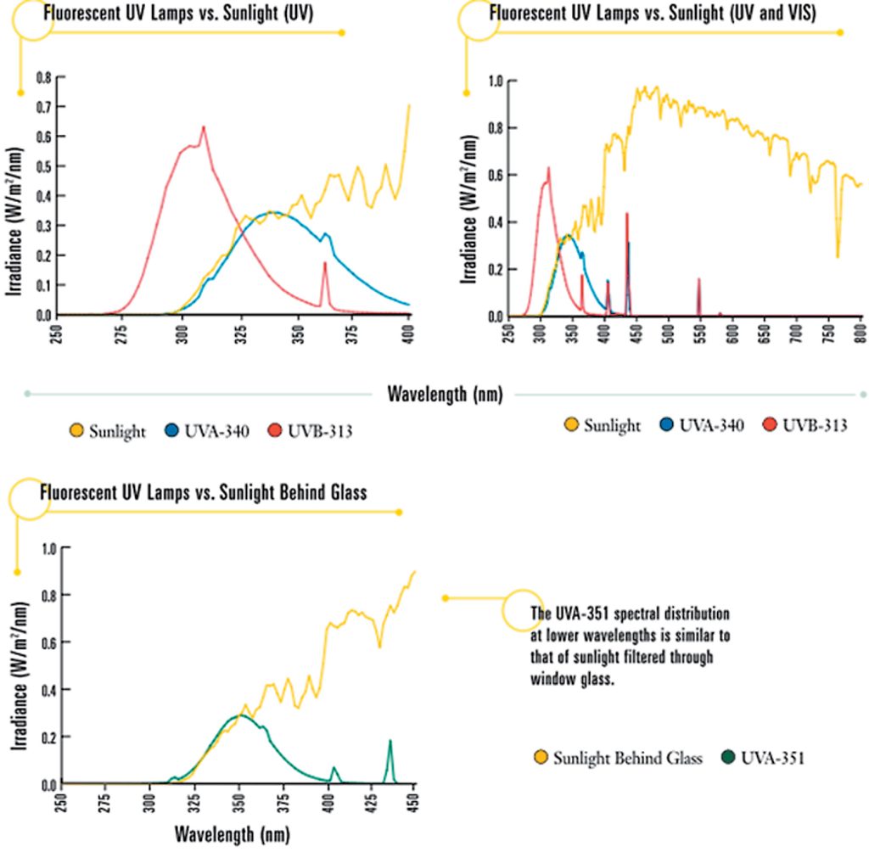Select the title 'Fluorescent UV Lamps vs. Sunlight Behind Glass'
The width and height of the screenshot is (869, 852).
point(203,492)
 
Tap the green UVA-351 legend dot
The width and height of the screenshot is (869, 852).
point(727,758)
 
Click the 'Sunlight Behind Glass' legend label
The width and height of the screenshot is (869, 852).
point(627,758)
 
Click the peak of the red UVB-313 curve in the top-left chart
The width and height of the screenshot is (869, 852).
point(204,127)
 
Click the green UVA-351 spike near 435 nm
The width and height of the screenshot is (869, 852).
point(390,742)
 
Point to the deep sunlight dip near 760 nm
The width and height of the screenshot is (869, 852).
point(838,255)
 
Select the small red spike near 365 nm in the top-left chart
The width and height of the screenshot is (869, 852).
point(324,264)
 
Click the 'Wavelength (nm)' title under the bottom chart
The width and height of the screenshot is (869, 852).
point(232,833)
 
